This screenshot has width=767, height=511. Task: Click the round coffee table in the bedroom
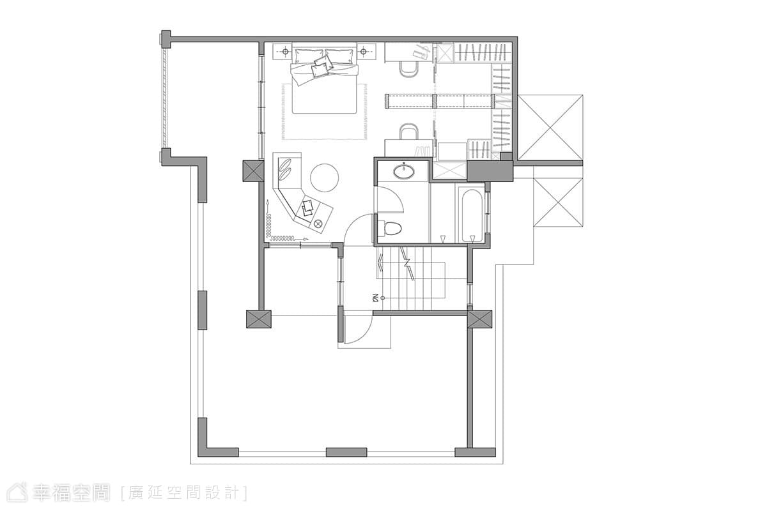coord(324,178)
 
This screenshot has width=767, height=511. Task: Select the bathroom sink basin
coord(404,171)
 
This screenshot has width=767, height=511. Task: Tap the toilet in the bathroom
coord(389,229)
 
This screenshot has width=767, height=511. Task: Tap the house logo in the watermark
coord(18,492)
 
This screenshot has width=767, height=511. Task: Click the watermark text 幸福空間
coord(71,493)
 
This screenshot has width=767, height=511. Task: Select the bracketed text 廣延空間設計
coord(184,493)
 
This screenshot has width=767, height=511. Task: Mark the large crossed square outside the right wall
coord(550,127)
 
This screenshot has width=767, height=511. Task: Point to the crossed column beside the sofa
coord(253,171)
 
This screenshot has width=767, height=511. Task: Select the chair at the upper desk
coord(409,70)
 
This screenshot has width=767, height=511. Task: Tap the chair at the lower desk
coord(409,131)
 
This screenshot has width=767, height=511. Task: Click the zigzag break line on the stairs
coord(408,264)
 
